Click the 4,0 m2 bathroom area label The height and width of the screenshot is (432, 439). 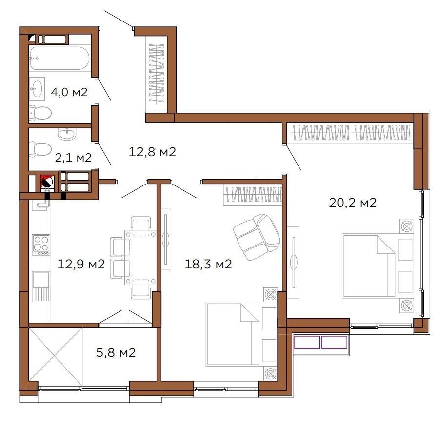(69, 92)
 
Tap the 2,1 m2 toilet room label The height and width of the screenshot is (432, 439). (73, 158)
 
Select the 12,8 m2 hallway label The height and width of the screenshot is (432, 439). (152, 152)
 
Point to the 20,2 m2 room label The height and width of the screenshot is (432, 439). (353, 203)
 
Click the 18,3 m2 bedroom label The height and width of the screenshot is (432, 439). (208, 264)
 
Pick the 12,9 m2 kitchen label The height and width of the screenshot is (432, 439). (81, 264)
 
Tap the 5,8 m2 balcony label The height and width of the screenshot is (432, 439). (116, 352)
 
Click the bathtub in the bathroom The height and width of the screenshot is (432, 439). (59, 58)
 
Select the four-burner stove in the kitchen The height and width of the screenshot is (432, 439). (41, 245)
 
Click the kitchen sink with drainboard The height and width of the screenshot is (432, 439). (41, 287)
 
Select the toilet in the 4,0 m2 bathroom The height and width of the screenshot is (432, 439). (40, 113)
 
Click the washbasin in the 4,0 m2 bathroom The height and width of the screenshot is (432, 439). (37, 88)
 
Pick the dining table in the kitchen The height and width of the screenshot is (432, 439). (140, 258)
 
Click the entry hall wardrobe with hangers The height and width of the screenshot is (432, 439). (157, 74)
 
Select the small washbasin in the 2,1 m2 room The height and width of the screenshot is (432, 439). (67, 134)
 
